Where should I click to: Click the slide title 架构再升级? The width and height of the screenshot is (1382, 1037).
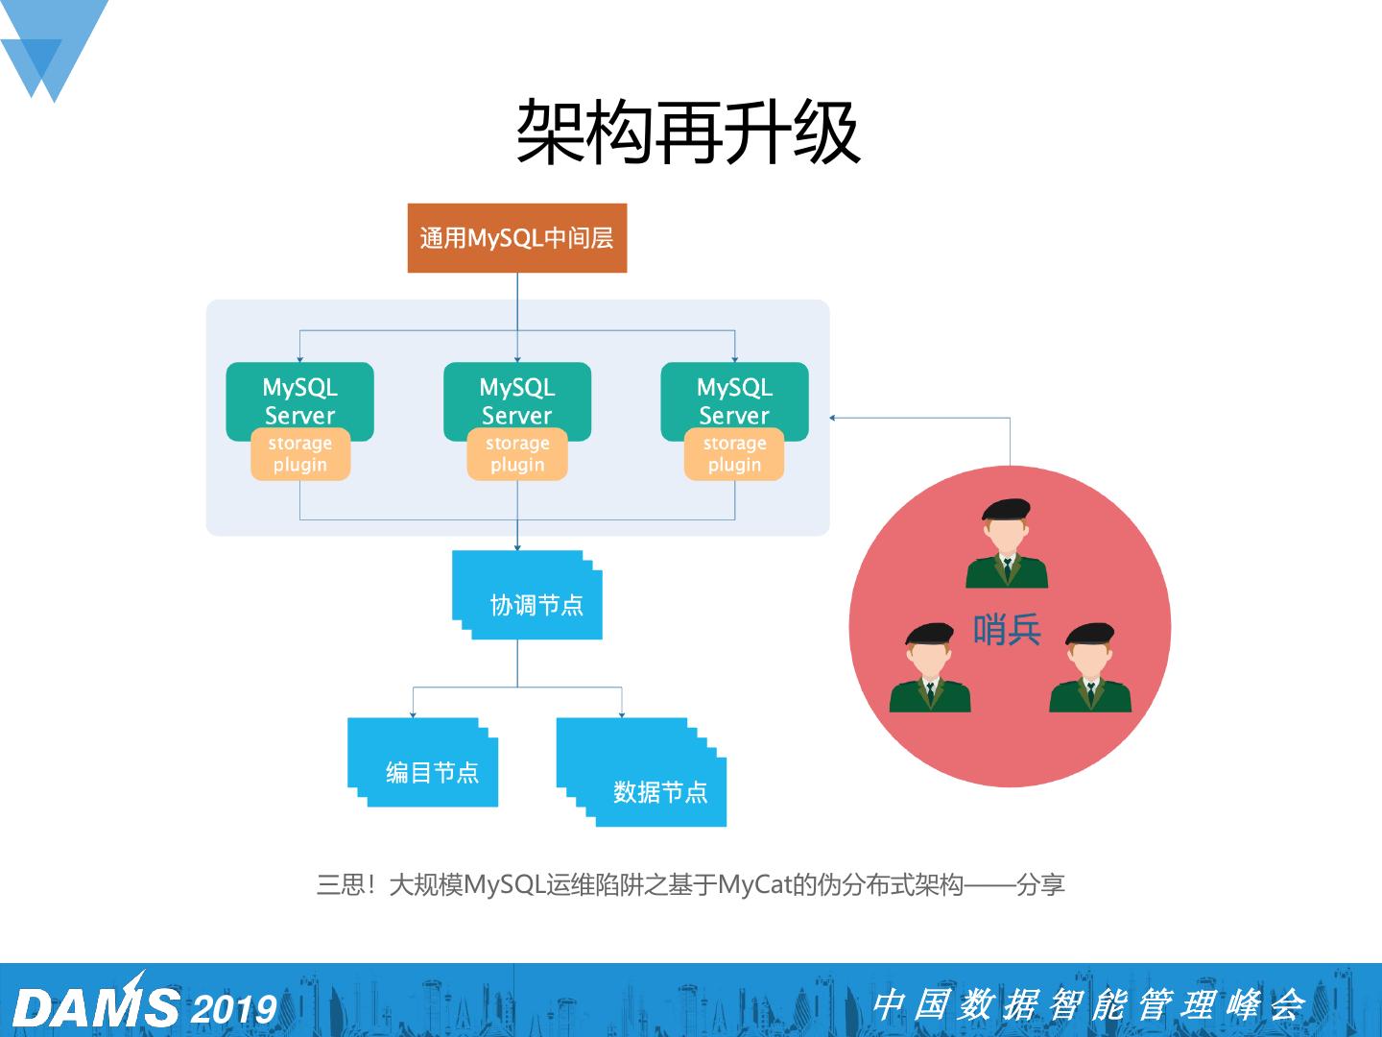click(x=688, y=133)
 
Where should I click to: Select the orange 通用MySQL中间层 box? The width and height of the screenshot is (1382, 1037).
click(x=516, y=238)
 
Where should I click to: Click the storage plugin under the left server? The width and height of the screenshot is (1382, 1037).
click(x=299, y=454)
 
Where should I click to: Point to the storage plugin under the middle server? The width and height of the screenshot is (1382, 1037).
click(x=516, y=454)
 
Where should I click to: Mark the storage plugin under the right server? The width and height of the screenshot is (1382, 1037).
click(x=734, y=454)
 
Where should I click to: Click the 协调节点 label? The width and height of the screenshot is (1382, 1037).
click(x=536, y=605)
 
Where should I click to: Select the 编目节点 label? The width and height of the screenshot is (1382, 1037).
click(x=432, y=773)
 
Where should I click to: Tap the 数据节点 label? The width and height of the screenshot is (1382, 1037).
click(x=660, y=792)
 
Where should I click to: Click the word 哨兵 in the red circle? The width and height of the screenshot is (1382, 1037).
click(x=1007, y=631)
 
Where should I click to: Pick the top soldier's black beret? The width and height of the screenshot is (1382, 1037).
click(x=1005, y=509)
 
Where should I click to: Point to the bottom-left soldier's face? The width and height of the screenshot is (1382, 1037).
click(x=928, y=660)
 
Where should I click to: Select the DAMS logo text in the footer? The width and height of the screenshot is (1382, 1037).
click(x=96, y=1006)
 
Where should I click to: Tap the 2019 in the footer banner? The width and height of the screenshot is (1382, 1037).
click(x=234, y=1009)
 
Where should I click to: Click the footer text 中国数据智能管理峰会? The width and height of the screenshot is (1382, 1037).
click(x=1088, y=1005)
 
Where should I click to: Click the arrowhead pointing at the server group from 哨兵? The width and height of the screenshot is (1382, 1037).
click(x=833, y=418)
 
